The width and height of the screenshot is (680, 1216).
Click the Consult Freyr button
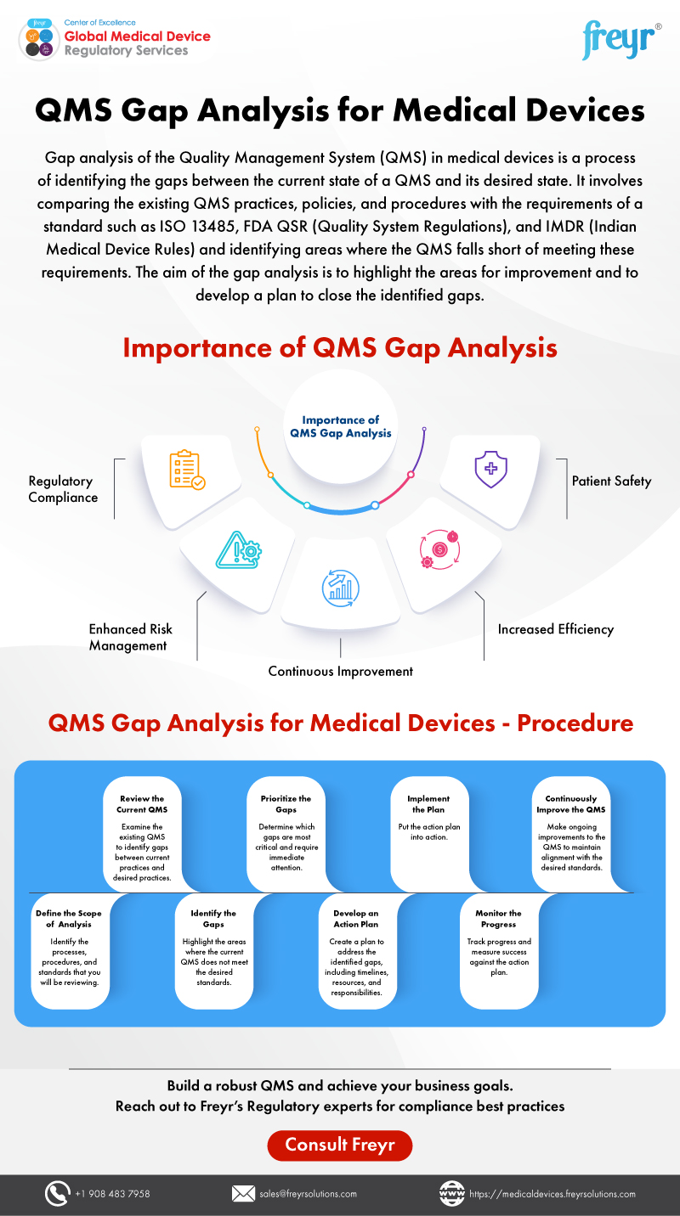(339, 1145)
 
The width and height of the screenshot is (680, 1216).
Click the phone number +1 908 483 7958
(112, 1193)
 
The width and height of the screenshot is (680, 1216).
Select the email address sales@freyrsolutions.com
(308, 1193)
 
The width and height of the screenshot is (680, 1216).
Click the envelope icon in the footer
(243, 1193)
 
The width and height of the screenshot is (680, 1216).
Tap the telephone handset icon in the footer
(57, 1193)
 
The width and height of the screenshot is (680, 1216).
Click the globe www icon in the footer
(451, 1193)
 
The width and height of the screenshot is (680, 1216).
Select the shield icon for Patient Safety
(490, 470)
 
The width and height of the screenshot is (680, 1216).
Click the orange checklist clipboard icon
(187, 470)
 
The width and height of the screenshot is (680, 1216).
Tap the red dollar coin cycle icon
(439, 549)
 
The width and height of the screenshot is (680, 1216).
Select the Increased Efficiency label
(555, 629)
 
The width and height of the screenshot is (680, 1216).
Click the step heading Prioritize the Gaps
(286, 804)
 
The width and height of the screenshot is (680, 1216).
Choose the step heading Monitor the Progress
(498, 919)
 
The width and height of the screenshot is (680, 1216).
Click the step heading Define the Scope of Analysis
(64, 919)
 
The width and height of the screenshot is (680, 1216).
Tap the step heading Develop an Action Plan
(356, 919)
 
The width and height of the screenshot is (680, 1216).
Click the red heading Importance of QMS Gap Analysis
(340, 348)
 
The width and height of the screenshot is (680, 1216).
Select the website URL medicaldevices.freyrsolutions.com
(552, 1193)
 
